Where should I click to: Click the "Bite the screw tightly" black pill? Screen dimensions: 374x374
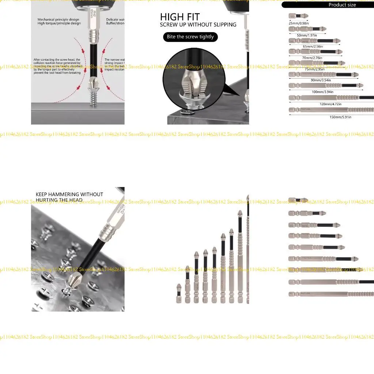190,37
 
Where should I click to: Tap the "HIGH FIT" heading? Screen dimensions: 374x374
180,17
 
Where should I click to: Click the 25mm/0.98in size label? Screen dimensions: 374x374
299,23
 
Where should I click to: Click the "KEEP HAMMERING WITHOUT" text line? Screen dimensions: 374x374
69,194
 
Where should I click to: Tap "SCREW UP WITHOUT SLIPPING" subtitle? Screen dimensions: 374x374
198,25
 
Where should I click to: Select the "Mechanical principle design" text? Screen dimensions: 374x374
58,20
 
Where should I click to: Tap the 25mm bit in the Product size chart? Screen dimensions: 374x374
298,16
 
